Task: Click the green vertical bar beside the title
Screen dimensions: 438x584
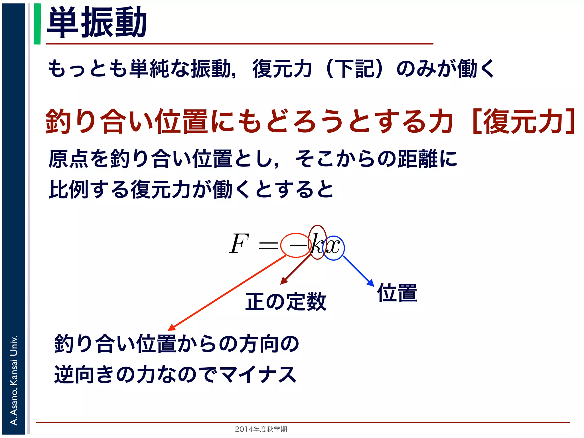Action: [x=37, y=24]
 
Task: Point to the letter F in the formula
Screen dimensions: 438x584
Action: [x=239, y=244]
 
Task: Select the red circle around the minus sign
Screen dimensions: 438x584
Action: [x=295, y=245]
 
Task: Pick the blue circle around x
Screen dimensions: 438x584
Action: [x=334, y=248]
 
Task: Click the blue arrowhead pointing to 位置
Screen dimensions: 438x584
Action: [x=371, y=283]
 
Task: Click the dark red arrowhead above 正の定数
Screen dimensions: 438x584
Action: [x=283, y=281]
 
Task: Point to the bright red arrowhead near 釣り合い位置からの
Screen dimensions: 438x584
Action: [x=172, y=327]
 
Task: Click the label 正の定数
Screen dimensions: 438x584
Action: [x=286, y=302]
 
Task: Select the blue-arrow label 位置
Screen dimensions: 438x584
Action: [x=397, y=293]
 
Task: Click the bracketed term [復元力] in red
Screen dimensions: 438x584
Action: [x=524, y=121]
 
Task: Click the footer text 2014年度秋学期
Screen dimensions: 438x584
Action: [x=261, y=429]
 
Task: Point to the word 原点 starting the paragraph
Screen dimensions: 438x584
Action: [x=68, y=159]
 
